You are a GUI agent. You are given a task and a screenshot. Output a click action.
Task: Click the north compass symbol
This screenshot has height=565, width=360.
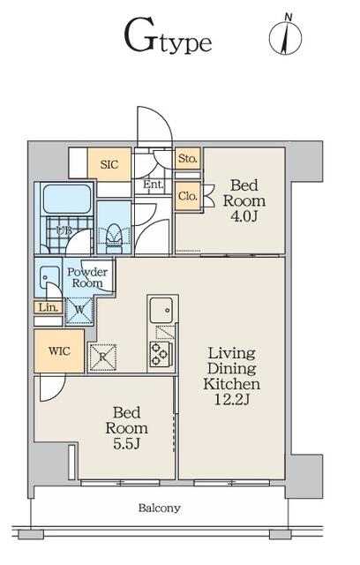point(286,35)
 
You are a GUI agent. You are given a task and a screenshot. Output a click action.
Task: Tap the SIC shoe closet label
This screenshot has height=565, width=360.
point(109,165)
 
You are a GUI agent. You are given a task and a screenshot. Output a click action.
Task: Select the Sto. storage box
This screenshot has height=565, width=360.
point(188,158)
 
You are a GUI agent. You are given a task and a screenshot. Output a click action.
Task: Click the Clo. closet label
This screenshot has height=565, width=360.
point(188,196)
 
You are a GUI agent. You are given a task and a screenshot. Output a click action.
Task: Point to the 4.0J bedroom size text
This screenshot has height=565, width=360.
point(244,216)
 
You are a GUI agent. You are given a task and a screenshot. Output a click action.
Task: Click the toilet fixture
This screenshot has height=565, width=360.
point(114,238)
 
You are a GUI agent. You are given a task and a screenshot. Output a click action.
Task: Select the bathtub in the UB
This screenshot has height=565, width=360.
point(66,200)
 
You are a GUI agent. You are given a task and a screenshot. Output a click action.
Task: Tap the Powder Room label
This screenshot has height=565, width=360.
point(87,277)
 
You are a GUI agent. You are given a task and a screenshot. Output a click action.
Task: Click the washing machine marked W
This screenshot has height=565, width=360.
point(79,310)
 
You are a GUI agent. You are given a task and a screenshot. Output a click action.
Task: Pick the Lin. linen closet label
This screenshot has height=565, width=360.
point(49,308)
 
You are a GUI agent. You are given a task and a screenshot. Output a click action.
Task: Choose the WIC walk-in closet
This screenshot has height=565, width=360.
point(59,350)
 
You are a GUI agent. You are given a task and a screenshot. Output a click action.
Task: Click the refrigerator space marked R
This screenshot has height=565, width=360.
point(102,357)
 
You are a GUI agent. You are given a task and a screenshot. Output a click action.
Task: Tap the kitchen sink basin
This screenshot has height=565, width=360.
point(161,310)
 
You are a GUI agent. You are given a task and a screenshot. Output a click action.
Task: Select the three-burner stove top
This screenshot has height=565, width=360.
point(161,354)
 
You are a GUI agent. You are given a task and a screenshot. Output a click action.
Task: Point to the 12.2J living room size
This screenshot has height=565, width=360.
point(232,400)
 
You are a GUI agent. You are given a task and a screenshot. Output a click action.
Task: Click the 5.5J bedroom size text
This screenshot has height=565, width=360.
point(126,444)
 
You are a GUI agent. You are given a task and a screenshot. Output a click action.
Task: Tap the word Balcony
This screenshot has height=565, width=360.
point(159,508)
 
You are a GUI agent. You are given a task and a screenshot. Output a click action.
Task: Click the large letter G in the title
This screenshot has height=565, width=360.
point(140,37)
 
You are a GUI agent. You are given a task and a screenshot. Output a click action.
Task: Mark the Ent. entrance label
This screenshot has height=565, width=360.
point(153,185)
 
